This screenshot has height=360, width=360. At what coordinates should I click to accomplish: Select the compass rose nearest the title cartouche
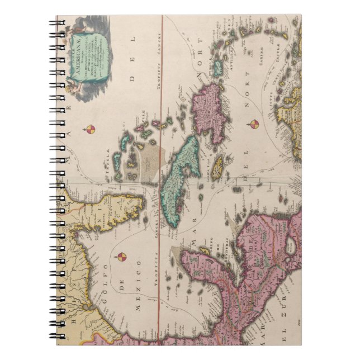tap(90, 130)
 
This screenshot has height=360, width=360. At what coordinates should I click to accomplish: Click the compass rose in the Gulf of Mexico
tap(122, 257)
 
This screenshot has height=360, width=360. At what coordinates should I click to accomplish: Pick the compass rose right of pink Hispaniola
tap(254, 124)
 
